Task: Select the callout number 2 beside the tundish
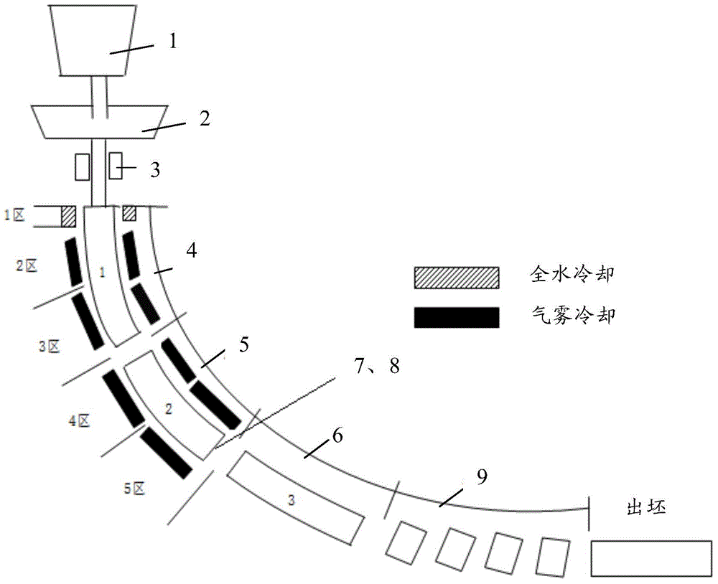coord(204,118)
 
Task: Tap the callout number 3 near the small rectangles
coord(155,170)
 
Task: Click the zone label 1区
coord(14,215)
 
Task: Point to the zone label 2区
coord(27,265)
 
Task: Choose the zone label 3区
coord(49,347)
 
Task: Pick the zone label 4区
coord(79,420)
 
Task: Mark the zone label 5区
coord(135,489)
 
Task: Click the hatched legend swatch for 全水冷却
coord(457,278)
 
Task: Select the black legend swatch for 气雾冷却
coord(457,318)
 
